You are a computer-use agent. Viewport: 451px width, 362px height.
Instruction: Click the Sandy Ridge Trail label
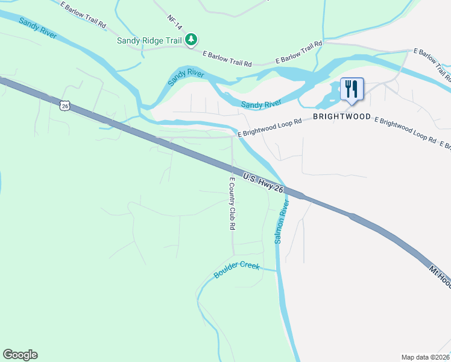tap(150, 41)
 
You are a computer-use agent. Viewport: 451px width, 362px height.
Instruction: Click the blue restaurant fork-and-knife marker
tap(352, 89)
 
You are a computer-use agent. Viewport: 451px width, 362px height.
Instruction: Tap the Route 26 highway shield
tap(65, 106)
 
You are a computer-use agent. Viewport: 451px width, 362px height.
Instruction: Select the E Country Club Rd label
tap(232, 203)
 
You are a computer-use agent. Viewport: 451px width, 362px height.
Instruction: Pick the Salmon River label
tap(281, 222)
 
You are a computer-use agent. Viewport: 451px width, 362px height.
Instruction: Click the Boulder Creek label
tap(236, 270)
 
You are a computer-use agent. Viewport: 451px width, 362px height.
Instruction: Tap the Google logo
tap(20, 355)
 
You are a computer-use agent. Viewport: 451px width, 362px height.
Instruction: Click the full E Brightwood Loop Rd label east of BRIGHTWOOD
tap(405, 130)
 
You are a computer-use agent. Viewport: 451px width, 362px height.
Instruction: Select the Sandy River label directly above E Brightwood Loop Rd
tap(261, 104)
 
